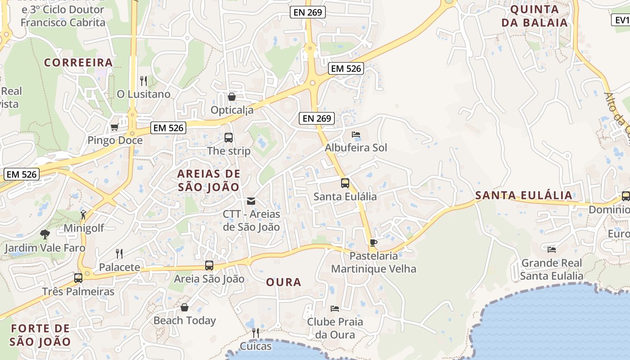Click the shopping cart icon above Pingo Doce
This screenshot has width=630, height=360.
click(114, 127)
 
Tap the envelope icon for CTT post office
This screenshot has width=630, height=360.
click(251, 201)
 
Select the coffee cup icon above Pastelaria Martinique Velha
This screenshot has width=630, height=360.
click(373, 243)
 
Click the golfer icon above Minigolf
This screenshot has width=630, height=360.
click(83, 215)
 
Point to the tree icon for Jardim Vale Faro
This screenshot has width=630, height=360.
click(45, 234)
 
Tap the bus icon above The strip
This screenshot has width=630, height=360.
click(229, 138)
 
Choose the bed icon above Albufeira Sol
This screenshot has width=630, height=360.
click(356, 135)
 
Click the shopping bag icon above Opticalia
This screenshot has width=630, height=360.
click(232, 97)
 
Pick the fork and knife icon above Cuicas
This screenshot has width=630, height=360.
click(255, 333)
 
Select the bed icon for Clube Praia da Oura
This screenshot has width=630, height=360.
click(335, 309)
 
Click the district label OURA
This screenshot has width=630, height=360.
click(283, 282)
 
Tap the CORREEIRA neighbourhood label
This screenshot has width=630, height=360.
click(78, 63)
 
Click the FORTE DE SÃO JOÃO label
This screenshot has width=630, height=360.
click(40, 335)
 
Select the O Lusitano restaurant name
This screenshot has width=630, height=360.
click(144, 94)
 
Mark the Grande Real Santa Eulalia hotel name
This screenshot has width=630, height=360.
click(551, 269)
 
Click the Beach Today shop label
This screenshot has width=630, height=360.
click(184, 320)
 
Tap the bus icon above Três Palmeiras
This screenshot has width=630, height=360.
click(78, 278)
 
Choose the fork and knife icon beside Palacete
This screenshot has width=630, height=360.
click(119, 254)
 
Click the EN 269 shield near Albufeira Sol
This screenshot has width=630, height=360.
click(317, 118)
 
